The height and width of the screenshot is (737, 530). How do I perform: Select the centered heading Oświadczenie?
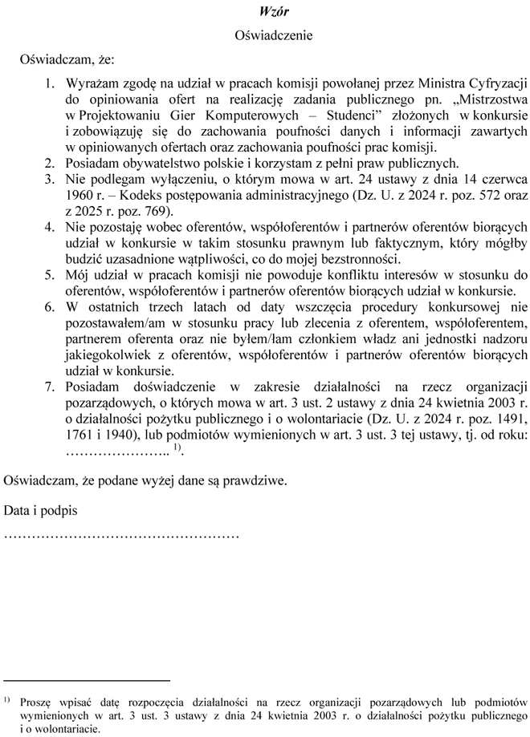pyautogui.click(x=274, y=35)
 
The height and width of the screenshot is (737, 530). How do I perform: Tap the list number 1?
pyautogui.click(x=49, y=83)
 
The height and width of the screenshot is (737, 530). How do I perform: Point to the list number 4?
pyautogui.click(x=49, y=227)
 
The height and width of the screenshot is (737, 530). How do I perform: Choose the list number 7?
pyautogui.click(x=49, y=387)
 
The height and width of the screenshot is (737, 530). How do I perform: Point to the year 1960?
pyautogui.click(x=81, y=195)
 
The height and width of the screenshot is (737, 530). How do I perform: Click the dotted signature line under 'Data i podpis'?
pyautogui.click(x=121, y=533)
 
